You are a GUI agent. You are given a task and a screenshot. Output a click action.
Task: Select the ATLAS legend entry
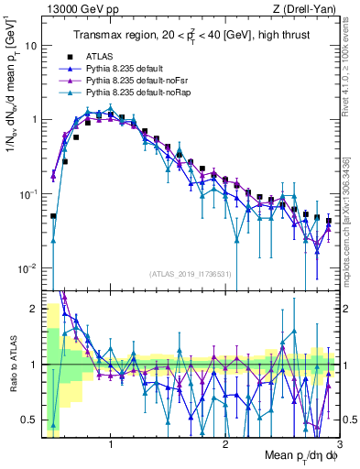(x=103, y=56)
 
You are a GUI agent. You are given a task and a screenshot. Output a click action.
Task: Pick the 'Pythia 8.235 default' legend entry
(x=127, y=69)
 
